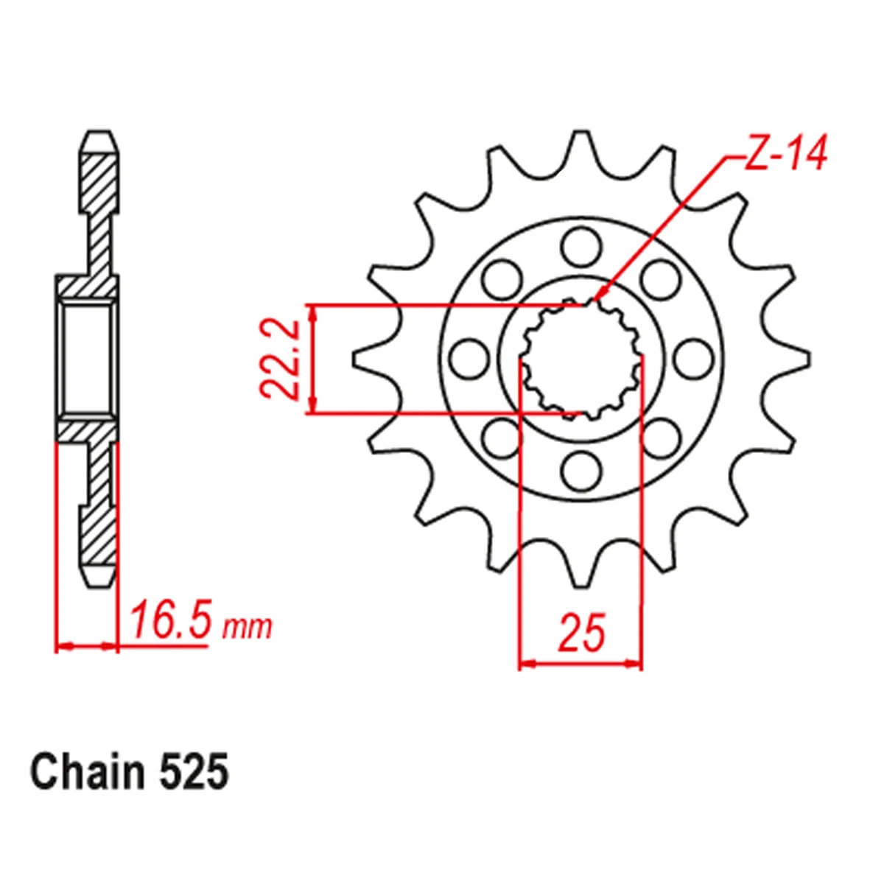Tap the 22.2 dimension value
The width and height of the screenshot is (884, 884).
point(279,359)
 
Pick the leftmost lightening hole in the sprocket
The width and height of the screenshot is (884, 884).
point(469,359)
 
